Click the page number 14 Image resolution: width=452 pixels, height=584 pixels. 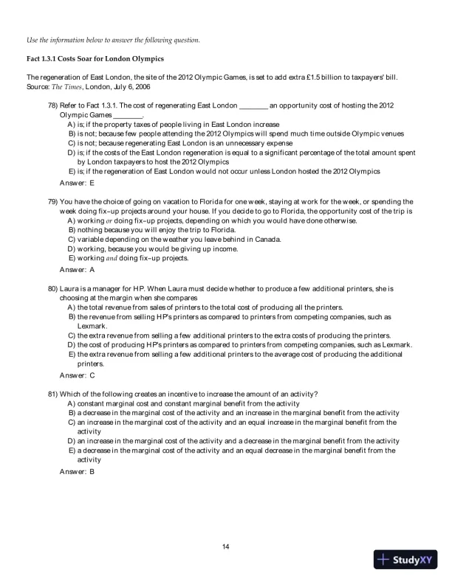point(226,546)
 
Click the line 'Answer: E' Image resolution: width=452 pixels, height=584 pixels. point(77,181)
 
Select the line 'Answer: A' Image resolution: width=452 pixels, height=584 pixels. point(77,269)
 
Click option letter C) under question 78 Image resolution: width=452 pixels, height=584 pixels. point(71,143)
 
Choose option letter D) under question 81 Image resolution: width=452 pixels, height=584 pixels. point(71,441)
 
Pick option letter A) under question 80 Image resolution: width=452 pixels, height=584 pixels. point(71,307)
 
